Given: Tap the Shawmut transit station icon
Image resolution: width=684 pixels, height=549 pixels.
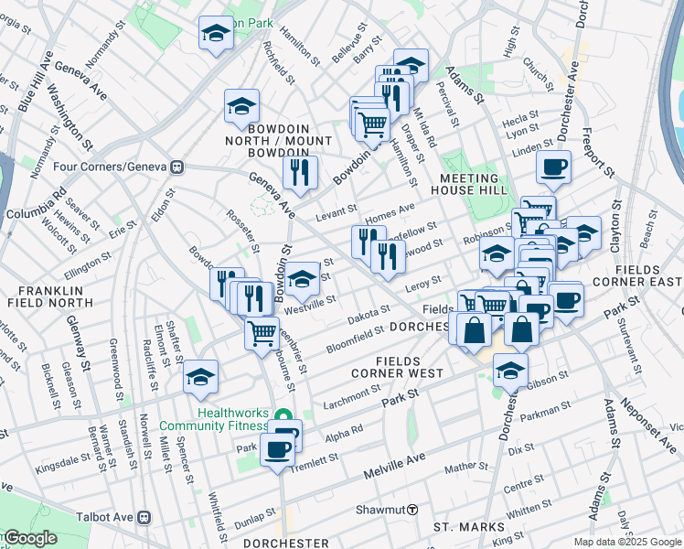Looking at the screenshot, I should pos(412,509).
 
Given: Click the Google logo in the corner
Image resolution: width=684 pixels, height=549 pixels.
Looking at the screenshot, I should pos(29,538).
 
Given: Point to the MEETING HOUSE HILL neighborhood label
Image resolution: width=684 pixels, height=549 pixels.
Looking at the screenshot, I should pos(470,183).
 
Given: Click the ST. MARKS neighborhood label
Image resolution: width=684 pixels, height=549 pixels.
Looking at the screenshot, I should pos(468,528).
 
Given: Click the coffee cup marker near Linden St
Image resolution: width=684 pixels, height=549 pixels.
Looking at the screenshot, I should pos(553,167).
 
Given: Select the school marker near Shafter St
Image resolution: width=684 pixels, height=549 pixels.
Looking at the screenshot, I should pos(200,376).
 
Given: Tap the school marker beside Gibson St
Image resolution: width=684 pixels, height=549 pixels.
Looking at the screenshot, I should pos(510,370).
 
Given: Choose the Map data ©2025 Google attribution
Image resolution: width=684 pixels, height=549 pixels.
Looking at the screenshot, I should pos(626,542).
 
